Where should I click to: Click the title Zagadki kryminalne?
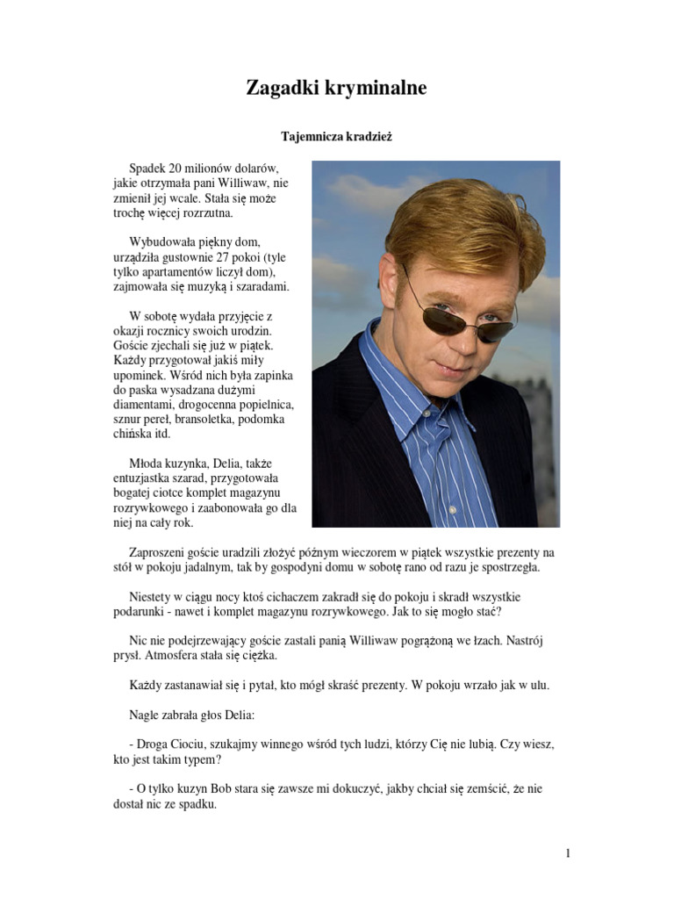click(x=336, y=88)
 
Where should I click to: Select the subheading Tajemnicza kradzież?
click(x=336, y=137)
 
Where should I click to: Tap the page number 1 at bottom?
click(x=569, y=852)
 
